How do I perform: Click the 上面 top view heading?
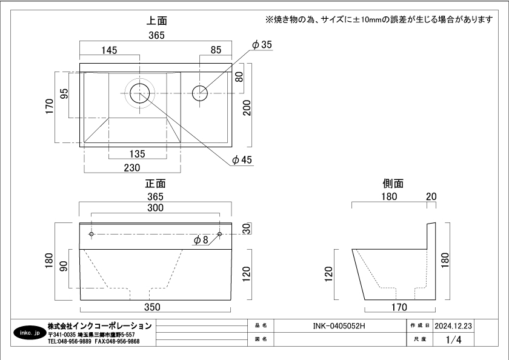[x=156, y=21]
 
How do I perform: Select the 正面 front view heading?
[x=156, y=183]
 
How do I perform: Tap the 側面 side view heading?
[x=393, y=183]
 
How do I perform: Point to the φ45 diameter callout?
[x=242, y=160]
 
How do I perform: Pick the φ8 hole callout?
[x=201, y=240]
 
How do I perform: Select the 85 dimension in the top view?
[x=216, y=50]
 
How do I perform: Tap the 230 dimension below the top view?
[x=132, y=167]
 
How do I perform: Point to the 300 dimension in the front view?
[x=156, y=208]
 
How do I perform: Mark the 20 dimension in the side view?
[x=431, y=196]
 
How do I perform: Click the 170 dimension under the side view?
[x=399, y=307]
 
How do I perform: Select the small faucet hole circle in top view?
[x=200, y=93]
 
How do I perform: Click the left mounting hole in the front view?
[x=91, y=234]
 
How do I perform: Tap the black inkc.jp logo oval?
[x=29, y=333]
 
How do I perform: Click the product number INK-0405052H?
[x=339, y=325]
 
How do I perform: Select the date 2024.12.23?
[x=453, y=325]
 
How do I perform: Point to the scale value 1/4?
[x=453, y=340]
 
